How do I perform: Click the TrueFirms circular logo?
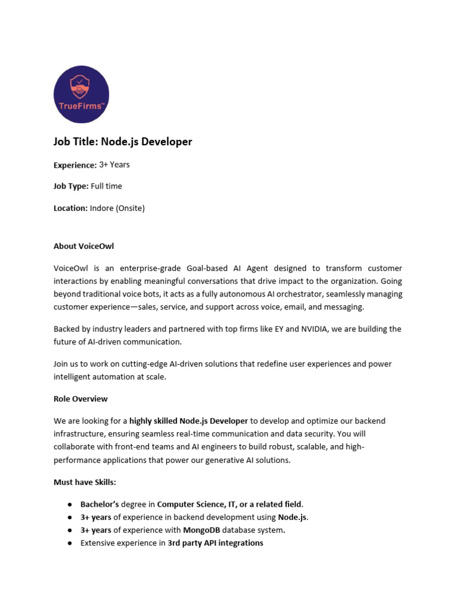[81, 94]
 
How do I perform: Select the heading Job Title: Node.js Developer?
[123, 142]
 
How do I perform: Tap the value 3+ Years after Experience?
[114, 165]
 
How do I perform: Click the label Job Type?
[71, 186]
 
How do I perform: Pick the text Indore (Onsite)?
[117, 208]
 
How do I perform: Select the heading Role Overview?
[81, 399]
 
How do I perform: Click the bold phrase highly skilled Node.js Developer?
[189, 421]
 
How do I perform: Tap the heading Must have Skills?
[85, 482]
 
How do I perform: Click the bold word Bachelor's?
[100, 504]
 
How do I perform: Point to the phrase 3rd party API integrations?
[216, 543]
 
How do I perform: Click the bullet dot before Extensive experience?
[69, 543]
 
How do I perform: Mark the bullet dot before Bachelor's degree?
[69, 504]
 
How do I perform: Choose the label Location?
[71, 208]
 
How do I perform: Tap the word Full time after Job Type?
[106, 186]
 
